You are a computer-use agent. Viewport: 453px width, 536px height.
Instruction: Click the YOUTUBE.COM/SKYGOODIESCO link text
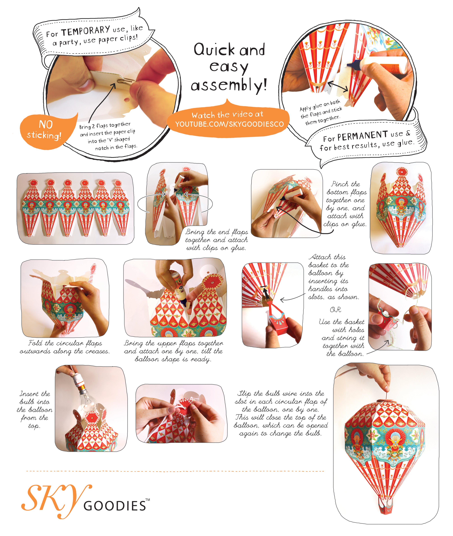coord(230,124)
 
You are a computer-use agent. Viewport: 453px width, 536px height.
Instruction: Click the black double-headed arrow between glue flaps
coord(338,86)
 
